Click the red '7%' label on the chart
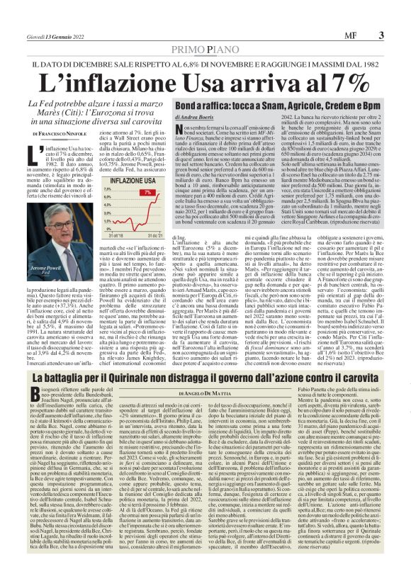click(x=147, y=192)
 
